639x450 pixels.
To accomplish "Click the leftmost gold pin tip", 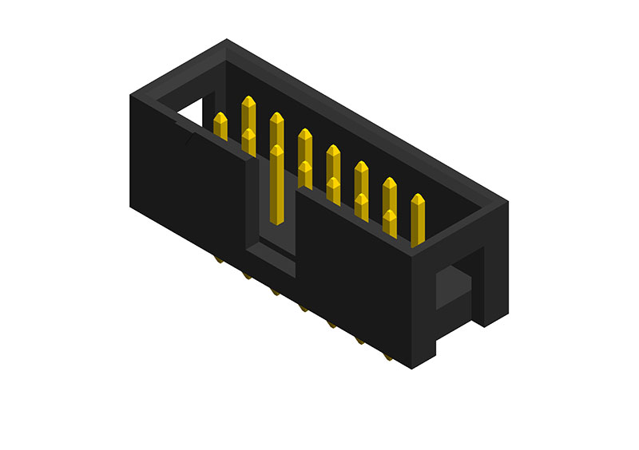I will click(x=220, y=120).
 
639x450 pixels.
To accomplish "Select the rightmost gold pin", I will click(x=417, y=217).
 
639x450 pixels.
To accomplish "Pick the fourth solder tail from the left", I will click(x=304, y=307).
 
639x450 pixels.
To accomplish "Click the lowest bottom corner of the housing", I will click(x=411, y=369).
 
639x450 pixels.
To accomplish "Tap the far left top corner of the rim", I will click(x=131, y=97).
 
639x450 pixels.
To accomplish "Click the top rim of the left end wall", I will click(x=177, y=72).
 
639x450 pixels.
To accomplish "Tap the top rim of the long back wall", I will click(x=367, y=120).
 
